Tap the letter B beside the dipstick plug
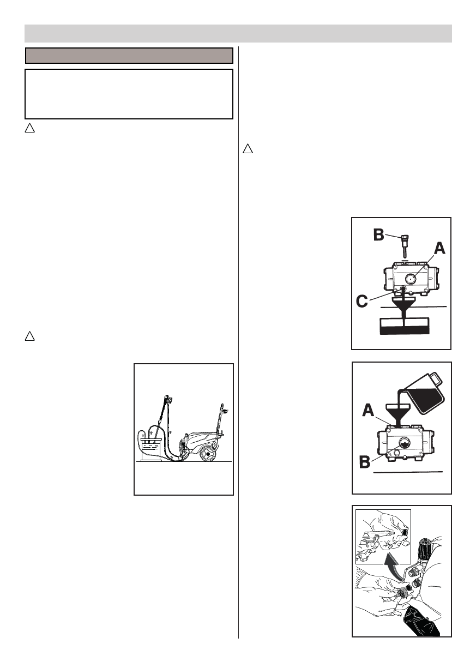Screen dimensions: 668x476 378,235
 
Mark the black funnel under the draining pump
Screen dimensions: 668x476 403,306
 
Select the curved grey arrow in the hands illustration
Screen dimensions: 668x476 392,564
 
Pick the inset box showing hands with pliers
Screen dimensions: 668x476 383,538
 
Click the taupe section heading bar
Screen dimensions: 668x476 130,56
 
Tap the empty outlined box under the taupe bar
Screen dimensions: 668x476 129,94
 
